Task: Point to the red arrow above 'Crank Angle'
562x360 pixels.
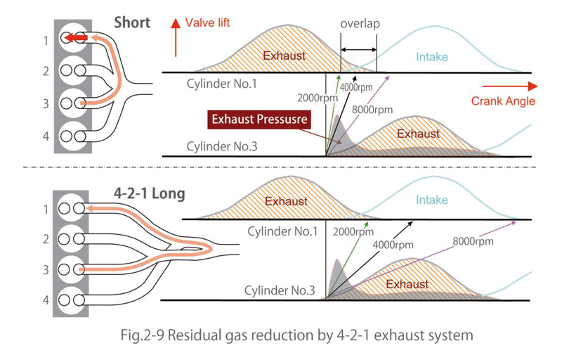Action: pos(520,86)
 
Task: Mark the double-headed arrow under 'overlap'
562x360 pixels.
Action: pos(358,50)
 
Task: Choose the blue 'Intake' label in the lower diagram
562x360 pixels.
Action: pos(431,200)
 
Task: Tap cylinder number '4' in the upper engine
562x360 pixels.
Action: pos(46,134)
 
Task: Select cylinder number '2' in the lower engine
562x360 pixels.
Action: pos(46,239)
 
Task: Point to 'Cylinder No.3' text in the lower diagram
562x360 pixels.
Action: pos(276,290)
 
